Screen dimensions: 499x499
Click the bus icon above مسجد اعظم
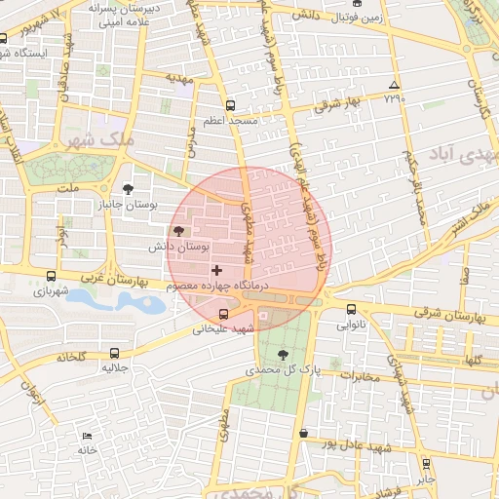[x=230, y=105]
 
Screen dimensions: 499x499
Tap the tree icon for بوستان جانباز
[x=130, y=189]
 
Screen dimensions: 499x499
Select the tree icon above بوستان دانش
[x=178, y=231]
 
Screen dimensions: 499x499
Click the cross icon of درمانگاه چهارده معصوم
[x=216, y=269]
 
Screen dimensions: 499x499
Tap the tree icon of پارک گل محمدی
[x=283, y=354]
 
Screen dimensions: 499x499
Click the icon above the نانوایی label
[x=351, y=309]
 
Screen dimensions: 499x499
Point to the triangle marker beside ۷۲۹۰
[x=394, y=85]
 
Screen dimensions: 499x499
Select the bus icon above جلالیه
[x=115, y=354]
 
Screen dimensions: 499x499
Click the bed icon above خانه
[x=88, y=436]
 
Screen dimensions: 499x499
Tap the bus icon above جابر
[x=425, y=463]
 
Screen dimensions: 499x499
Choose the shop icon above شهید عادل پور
[x=303, y=433]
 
